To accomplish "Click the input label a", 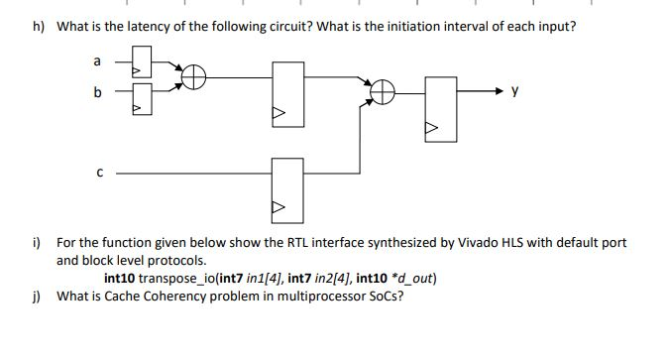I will (x=96, y=61).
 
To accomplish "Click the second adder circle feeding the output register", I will (x=381, y=93).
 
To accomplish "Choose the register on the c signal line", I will (x=286, y=185).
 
